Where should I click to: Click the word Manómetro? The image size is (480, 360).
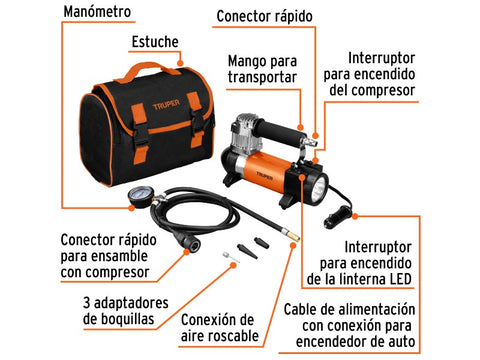coord(97,12)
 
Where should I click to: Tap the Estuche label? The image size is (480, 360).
coord(155,42)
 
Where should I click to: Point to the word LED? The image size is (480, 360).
coord(399,279)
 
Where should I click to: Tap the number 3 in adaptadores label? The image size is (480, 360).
coord(86,303)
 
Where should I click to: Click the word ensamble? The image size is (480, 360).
coord(119,256)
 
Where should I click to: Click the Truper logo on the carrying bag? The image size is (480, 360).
coord(166,104)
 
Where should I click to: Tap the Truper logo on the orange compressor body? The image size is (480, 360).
coord(264,175)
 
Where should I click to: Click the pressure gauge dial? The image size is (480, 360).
coord(139,196)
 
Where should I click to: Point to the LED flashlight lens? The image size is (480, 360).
coord(319,189)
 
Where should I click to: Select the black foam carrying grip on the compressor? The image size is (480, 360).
coord(279,130)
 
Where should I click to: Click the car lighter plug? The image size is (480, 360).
coord(337,216)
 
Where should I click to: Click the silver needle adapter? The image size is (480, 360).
coord(231,257)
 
